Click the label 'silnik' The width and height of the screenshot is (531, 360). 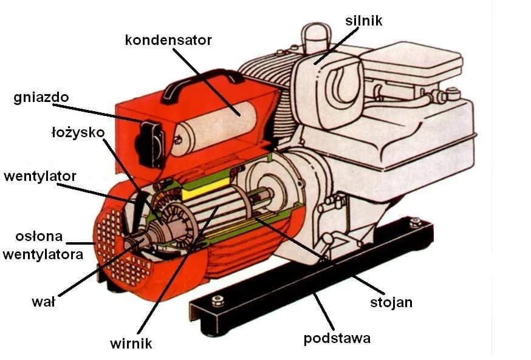point(364,21)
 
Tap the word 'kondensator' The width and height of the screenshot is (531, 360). point(168,41)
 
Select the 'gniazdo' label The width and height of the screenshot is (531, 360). point(41,98)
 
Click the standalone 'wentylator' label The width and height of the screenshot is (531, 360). point(40,177)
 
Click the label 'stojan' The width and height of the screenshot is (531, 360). point(392,302)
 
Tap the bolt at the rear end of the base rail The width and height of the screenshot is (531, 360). point(416,223)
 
